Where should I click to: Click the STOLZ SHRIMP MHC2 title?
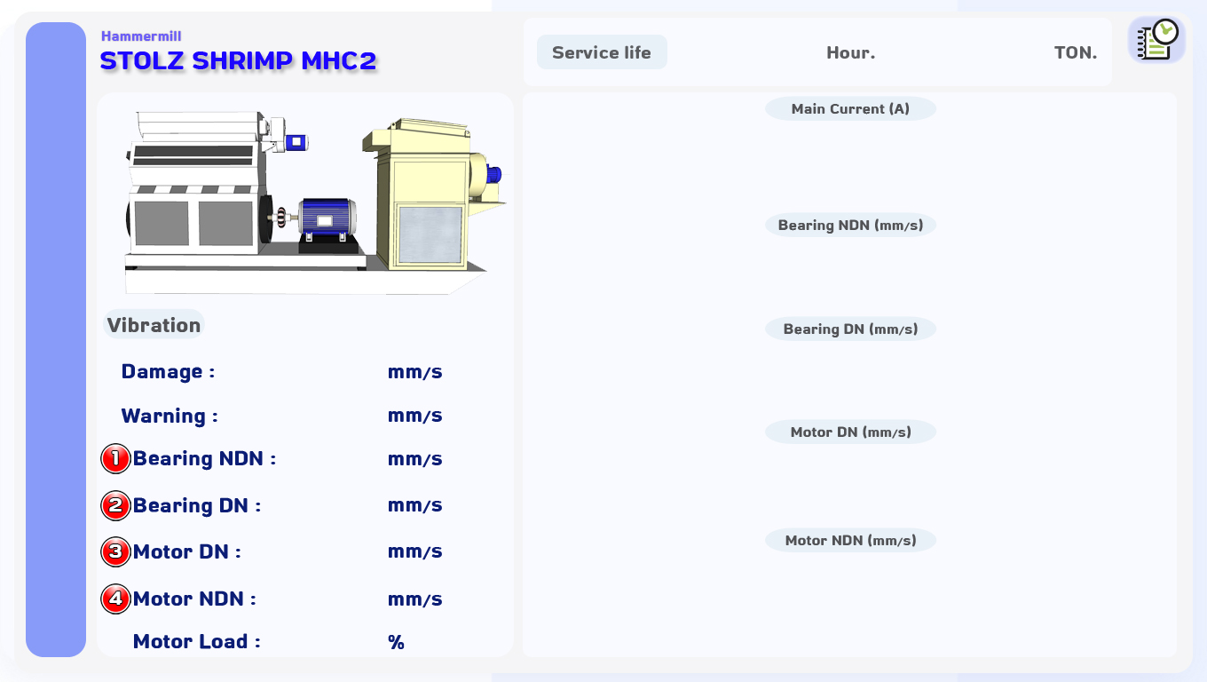[238, 61]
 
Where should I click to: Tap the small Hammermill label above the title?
[141, 36]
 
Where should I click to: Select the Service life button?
[602, 52]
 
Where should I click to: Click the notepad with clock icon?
[1156, 40]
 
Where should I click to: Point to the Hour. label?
[851, 52]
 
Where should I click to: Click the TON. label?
[1076, 52]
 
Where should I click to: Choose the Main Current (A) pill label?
[850, 109]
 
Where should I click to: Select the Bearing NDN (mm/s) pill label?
[850, 225]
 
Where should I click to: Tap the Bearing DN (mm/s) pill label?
[850, 329]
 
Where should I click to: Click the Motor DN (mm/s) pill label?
[850, 432]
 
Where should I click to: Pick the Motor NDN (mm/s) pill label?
[850, 540]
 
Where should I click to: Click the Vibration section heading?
[154, 324]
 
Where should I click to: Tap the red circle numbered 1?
[115, 459]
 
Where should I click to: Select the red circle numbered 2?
[115, 505]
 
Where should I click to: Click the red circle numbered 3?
[115, 552]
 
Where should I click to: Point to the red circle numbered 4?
[115, 599]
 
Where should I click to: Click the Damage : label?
[168, 371]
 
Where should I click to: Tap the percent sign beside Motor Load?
[396, 642]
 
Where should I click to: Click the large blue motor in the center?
[327, 218]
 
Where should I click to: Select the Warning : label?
[170, 416]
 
